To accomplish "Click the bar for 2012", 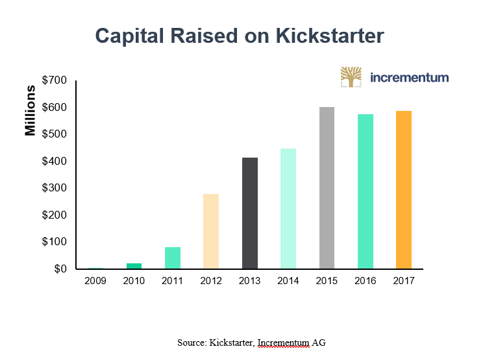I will pos(211,231).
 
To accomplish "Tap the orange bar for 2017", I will pos(403,189).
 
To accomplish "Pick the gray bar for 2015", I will pos(327,187).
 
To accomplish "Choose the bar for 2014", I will pos(288,208).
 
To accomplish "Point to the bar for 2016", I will pos(365,191).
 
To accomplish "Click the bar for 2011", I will pos(173,258).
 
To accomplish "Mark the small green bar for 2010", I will pos(134,265).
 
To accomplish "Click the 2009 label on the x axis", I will pos(95,281).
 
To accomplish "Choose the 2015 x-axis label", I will pos(327,281).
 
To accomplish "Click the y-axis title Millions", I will pos(31,110).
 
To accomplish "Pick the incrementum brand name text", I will pos(409,77).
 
